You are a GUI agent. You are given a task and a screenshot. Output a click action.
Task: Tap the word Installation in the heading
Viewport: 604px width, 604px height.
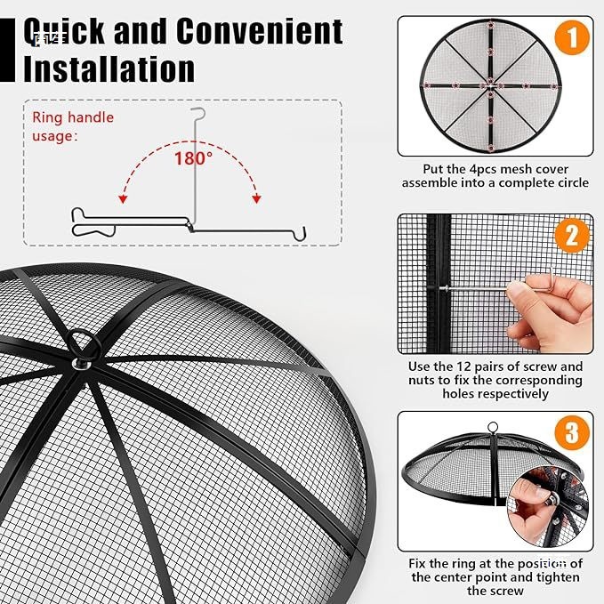pyautogui.click(x=109, y=68)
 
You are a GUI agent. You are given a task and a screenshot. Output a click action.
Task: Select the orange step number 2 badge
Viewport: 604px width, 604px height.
pyautogui.click(x=573, y=235)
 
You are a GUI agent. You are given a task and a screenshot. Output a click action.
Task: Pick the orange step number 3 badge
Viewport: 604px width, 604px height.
pyautogui.click(x=573, y=433)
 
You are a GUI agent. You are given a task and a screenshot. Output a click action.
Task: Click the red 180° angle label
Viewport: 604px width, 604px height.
pyautogui.click(x=192, y=158)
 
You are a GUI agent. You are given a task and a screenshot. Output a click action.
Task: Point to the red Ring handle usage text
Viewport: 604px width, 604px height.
pyautogui.click(x=73, y=126)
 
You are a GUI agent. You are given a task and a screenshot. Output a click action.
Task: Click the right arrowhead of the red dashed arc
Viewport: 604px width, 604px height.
pyautogui.click(x=257, y=198)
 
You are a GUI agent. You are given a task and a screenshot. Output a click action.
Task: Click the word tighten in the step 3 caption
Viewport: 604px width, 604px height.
pyautogui.click(x=550, y=576)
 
